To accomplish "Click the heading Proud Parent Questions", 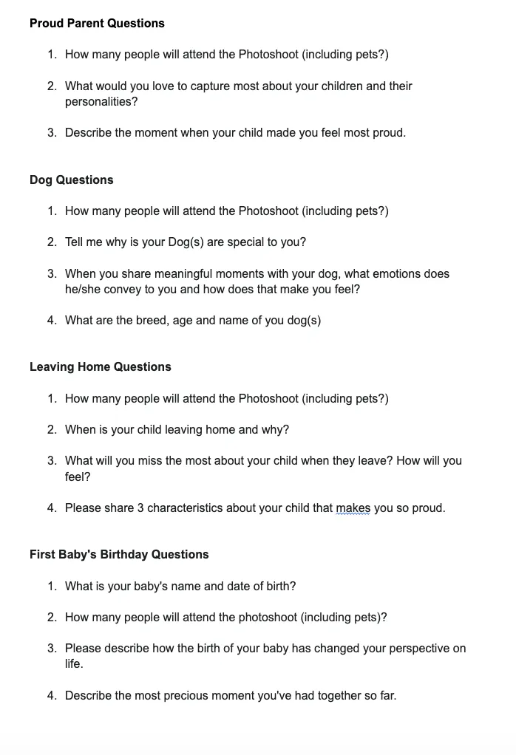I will tap(97, 24).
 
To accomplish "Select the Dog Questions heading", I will tap(72, 180).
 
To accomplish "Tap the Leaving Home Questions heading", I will tap(100, 367).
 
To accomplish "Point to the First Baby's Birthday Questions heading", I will tap(119, 555).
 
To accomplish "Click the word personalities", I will tap(101, 102).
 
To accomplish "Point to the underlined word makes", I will tap(353, 508).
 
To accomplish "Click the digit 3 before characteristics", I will tap(140, 508).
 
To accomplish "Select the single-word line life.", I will tap(74, 664).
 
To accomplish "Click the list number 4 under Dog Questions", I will tap(52, 321).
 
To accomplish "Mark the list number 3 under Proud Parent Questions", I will tap(52, 133).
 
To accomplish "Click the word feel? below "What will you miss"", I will tap(78, 477).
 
